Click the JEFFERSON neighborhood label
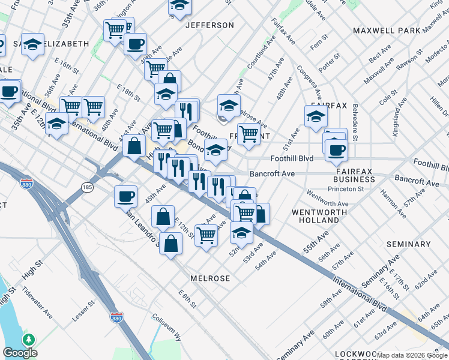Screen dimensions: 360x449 (x=209, y=25)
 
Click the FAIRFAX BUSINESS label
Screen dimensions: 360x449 (x=354, y=175)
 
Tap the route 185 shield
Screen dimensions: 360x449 (x=88, y=188)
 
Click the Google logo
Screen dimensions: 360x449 (x=20, y=353)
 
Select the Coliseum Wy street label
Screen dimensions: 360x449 (x=166, y=326)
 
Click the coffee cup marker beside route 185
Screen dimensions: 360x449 (x=126, y=196)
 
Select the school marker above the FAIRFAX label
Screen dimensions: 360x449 (x=316, y=116)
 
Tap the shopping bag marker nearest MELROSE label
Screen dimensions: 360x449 (x=171, y=244)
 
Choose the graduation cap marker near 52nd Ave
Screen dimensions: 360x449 (x=241, y=232)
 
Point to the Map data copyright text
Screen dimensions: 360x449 (x=412, y=355)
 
